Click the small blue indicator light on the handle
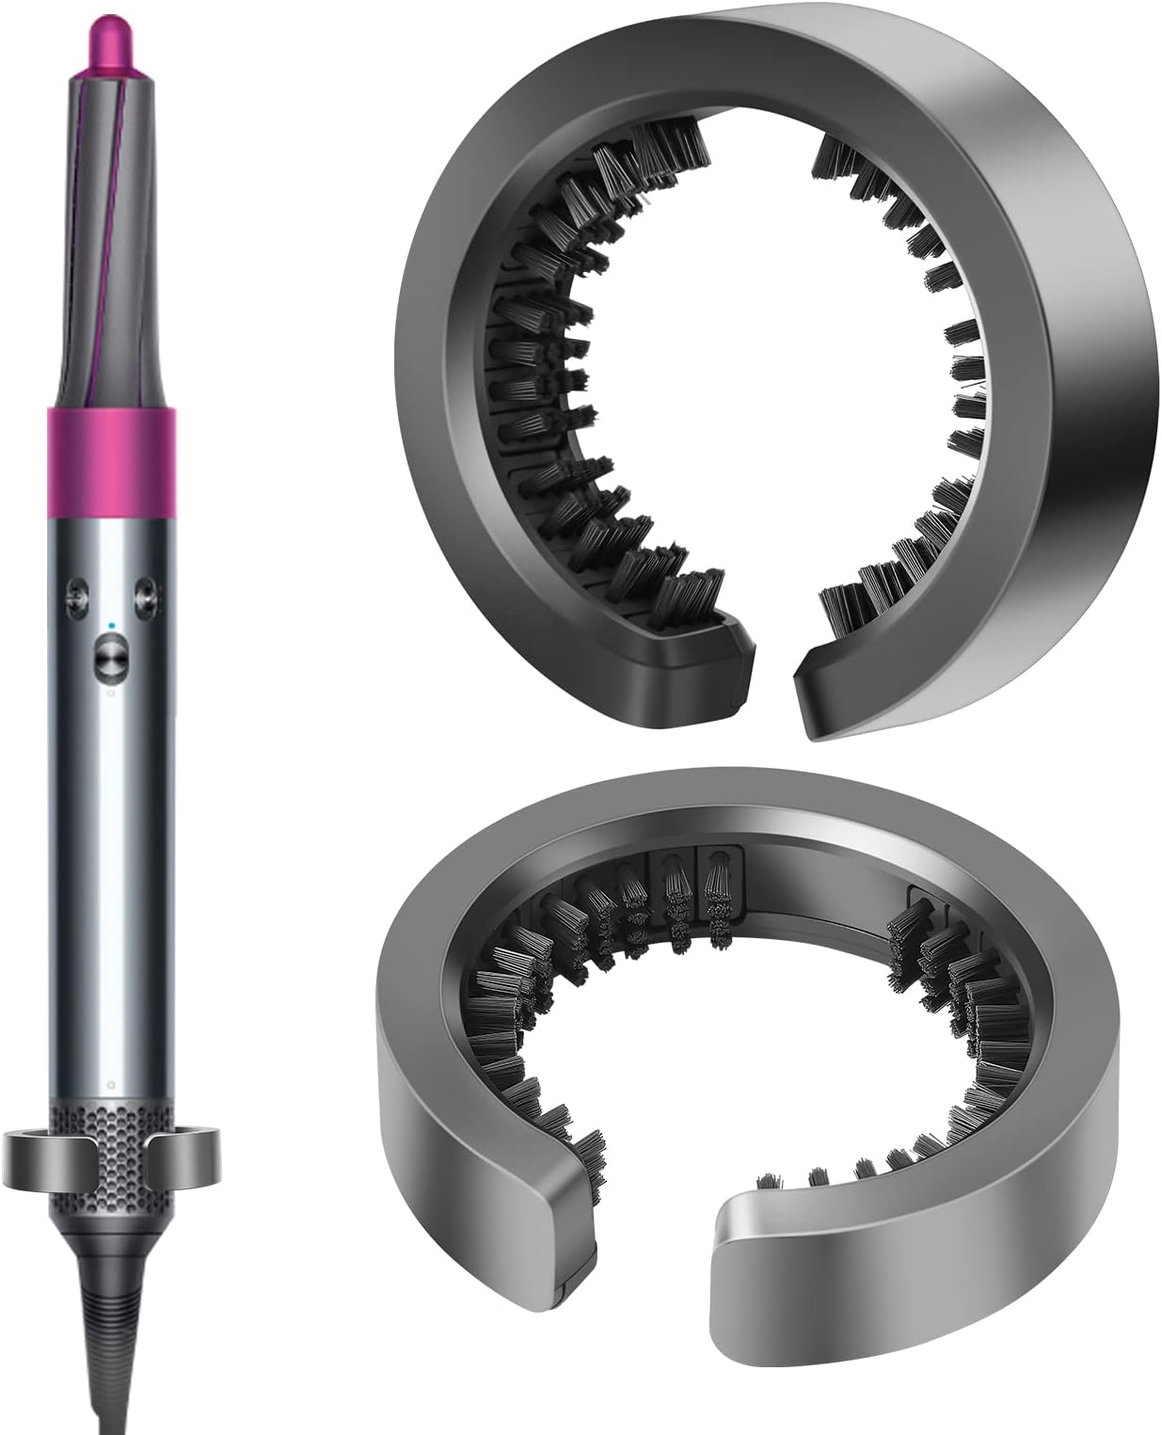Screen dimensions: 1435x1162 click(111, 624)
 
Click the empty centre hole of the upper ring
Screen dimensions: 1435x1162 click(772, 376)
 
